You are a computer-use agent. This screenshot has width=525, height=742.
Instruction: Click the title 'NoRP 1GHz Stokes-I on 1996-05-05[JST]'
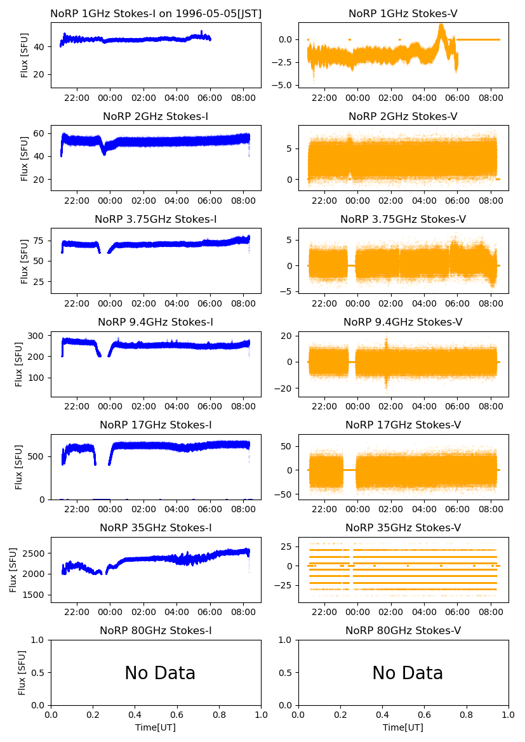[x=156, y=13]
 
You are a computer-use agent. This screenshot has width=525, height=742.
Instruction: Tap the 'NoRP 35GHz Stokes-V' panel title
[x=403, y=527]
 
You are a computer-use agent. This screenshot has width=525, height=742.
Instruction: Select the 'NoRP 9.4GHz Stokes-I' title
[x=156, y=322]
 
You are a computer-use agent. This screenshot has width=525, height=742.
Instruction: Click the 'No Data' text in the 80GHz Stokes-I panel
[x=160, y=673]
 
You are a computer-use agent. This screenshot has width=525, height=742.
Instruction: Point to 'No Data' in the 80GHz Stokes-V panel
[x=408, y=673]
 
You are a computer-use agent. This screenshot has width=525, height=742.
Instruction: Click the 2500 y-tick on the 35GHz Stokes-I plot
[x=36, y=553]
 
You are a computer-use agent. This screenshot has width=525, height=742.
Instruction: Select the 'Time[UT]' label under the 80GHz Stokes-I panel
[x=156, y=727]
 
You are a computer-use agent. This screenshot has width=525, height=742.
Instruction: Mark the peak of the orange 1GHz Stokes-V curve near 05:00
[x=441, y=25]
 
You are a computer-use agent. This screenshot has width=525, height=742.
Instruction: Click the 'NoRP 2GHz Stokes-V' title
[x=403, y=116]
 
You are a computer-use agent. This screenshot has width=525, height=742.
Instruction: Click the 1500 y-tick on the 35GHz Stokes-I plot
[x=36, y=595]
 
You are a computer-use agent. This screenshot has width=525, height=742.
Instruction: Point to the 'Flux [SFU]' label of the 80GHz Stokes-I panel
[x=23, y=672]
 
